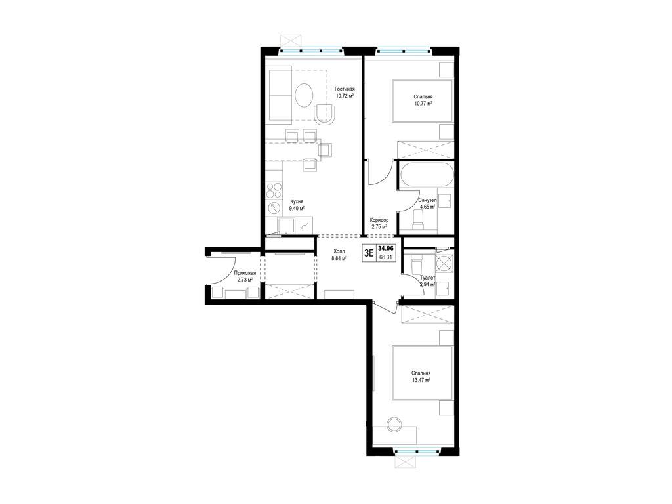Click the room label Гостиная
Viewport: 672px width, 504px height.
(x=345, y=89)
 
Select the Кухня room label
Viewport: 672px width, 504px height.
(x=297, y=201)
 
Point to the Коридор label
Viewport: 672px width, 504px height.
(x=379, y=220)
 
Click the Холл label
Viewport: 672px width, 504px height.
(x=339, y=251)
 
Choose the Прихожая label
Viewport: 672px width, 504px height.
(x=245, y=273)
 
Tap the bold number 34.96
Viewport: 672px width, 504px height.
(x=386, y=248)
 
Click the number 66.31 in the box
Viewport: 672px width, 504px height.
(x=386, y=257)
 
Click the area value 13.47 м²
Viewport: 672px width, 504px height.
(x=421, y=380)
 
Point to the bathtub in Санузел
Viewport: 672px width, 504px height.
(x=426, y=175)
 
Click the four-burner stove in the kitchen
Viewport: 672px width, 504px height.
(x=274, y=191)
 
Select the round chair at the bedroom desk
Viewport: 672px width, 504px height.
(x=394, y=425)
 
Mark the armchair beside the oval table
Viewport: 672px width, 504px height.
(x=325, y=114)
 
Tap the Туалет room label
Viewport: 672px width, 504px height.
(x=427, y=278)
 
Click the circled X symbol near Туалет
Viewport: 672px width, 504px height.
(x=444, y=262)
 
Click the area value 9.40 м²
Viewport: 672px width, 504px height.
(x=297, y=209)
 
